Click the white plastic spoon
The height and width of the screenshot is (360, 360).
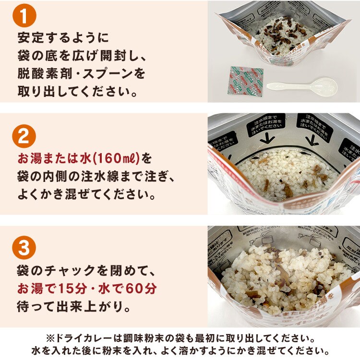[301, 87]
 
